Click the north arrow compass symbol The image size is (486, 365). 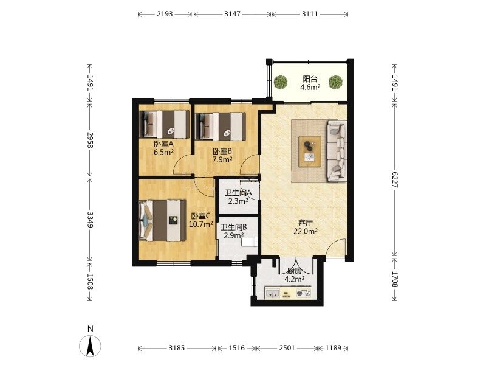point(90,346)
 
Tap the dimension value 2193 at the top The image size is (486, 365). point(165,14)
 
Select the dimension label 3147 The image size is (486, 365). point(233,14)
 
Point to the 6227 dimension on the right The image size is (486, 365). point(394,179)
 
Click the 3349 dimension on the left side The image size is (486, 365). point(90,220)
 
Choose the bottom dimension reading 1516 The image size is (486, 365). point(237,348)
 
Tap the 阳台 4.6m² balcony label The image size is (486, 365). point(310,83)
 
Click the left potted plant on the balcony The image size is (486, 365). point(281,82)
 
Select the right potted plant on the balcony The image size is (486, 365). point(336,82)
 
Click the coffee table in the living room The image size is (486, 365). point(310,151)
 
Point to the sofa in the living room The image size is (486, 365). point(337,151)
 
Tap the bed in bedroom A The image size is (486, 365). point(164,125)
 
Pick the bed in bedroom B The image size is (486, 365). point(221,127)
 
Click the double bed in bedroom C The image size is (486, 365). point(162,220)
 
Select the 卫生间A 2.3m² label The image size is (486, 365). point(238,196)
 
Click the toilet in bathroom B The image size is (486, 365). point(250,242)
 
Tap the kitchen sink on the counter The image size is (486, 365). point(272,293)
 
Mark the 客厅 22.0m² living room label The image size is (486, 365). point(306,227)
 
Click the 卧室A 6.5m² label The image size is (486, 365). point(163,148)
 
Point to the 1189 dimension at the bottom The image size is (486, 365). point(333,348)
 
